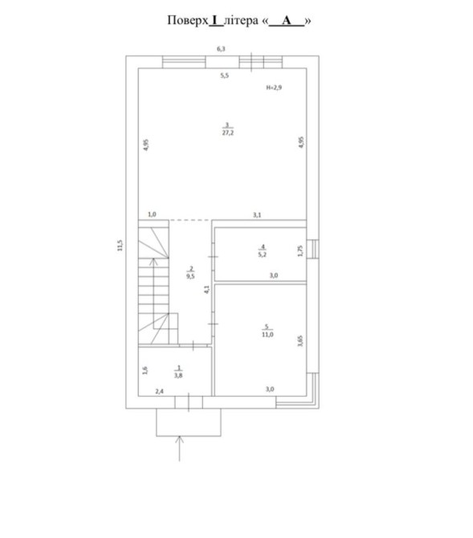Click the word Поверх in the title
pos(187,21)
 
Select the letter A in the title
pos(286,20)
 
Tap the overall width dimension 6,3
pos(221,49)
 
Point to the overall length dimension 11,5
pos(120,246)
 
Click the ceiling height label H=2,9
pos(274,88)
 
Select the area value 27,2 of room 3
pos(227,132)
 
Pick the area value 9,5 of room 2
pos(190,276)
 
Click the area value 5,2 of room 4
pos(263,255)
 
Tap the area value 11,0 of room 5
pos(267,335)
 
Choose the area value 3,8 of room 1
pos(178,375)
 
